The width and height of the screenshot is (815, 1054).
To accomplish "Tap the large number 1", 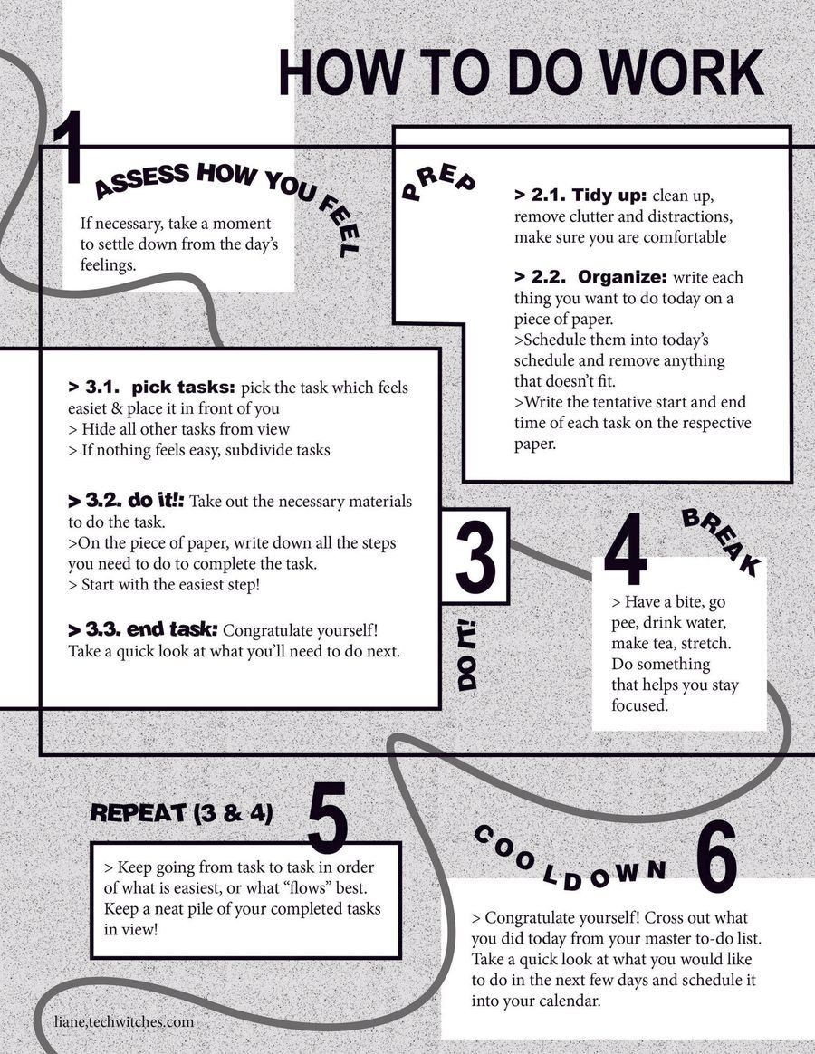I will pyautogui.click(x=69, y=149).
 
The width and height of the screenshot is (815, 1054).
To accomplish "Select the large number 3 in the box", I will pyautogui.click(x=475, y=555).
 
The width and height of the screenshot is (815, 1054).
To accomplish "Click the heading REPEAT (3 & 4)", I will pyautogui.click(x=182, y=812).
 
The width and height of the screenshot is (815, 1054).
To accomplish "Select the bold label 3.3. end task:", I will pyautogui.click(x=143, y=629).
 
